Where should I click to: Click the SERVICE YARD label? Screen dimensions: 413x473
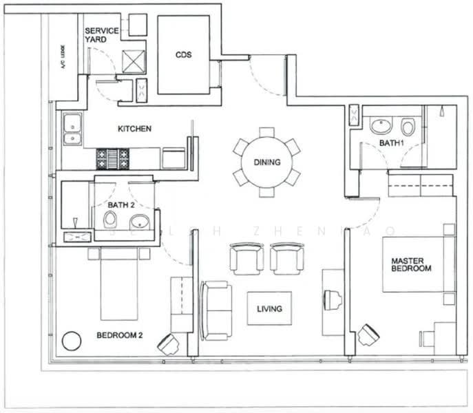[x=101, y=36]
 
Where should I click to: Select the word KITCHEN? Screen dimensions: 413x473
[x=134, y=129]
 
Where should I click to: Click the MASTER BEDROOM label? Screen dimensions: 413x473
[x=411, y=264]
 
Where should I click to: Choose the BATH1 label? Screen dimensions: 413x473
[x=390, y=143]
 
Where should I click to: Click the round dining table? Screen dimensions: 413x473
[x=266, y=162]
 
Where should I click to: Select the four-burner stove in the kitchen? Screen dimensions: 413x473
[x=112, y=158]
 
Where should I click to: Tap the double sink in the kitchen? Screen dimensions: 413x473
[x=72, y=131]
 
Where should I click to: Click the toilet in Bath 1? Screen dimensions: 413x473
[x=408, y=127]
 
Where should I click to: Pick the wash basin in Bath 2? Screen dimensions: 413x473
[x=140, y=222]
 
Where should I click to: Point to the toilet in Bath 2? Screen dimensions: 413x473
[x=110, y=220]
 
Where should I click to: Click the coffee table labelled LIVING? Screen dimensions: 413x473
[x=269, y=308]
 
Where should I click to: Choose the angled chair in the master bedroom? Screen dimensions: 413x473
[x=368, y=335]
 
